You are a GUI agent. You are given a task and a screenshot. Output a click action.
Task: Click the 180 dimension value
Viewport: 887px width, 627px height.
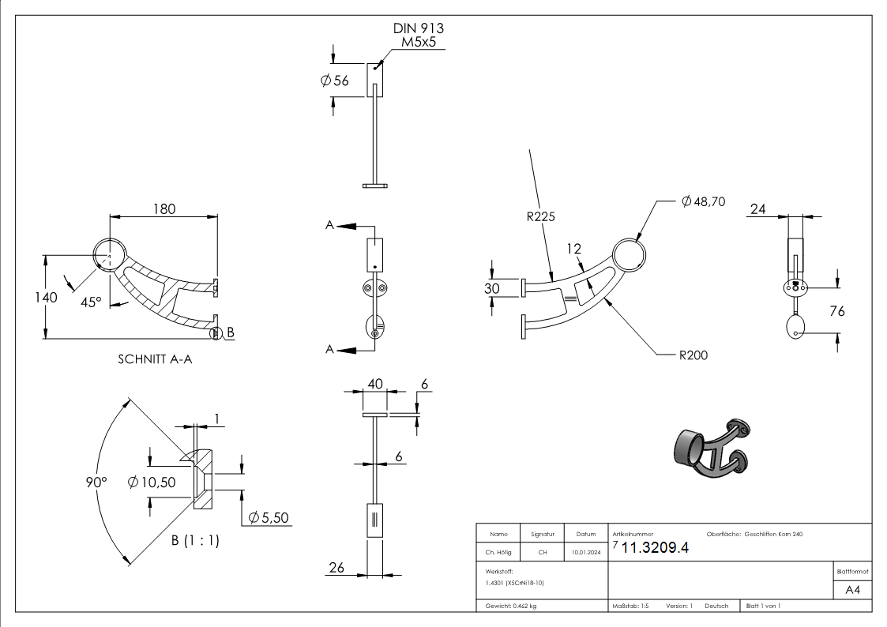(163, 208)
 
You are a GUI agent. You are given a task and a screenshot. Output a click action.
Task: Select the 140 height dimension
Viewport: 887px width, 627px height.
(47, 298)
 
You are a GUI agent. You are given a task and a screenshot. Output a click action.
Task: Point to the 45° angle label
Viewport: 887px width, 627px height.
(92, 302)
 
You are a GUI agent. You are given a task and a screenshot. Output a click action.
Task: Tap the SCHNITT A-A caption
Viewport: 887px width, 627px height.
(155, 359)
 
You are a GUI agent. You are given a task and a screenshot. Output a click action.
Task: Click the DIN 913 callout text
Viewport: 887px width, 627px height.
(418, 28)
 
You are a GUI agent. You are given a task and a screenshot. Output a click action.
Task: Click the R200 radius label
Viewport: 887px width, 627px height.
(693, 355)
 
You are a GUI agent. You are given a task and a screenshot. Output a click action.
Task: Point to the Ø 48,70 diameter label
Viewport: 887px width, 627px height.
(703, 202)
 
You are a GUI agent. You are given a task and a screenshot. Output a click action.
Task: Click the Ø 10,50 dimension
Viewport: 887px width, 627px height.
(151, 481)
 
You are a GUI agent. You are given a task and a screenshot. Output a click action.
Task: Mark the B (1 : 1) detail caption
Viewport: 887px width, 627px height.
(196, 540)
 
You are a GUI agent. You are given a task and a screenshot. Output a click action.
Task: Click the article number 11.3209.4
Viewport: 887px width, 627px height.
(656, 549)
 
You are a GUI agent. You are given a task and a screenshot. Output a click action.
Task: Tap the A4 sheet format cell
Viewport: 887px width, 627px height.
(852, 590)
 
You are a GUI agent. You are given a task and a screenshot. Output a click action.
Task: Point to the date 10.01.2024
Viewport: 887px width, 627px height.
(585, 553)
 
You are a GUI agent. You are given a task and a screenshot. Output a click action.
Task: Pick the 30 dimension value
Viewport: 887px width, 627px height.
(491, 288)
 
